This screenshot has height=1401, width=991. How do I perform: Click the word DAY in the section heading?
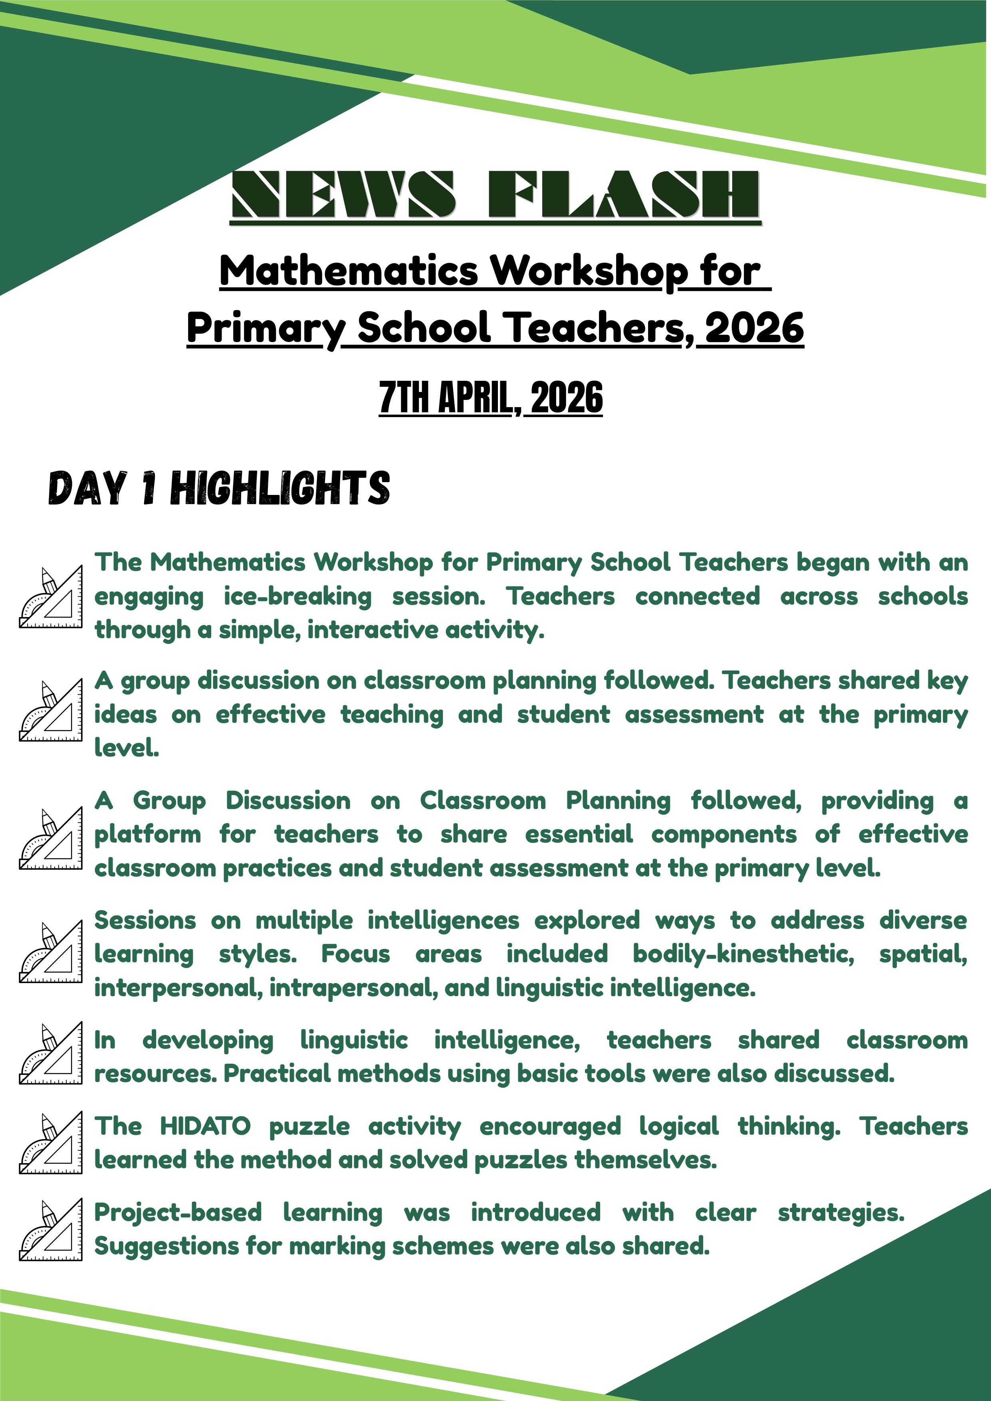tap(87, 489)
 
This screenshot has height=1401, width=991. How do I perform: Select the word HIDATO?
tap(205, 1126)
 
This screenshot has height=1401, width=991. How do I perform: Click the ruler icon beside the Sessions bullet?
tap(51, 953)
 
